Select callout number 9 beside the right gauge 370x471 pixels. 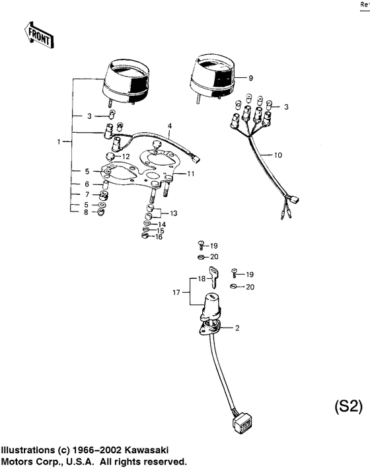(x=250, y=78)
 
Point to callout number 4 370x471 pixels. (x=169, y=126)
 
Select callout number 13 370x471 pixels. (x=174, y=213)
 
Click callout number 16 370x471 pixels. (x=159, y=236)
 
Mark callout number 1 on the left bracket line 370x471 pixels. (x=60, y=142)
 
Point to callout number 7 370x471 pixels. (x=86, y=194)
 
